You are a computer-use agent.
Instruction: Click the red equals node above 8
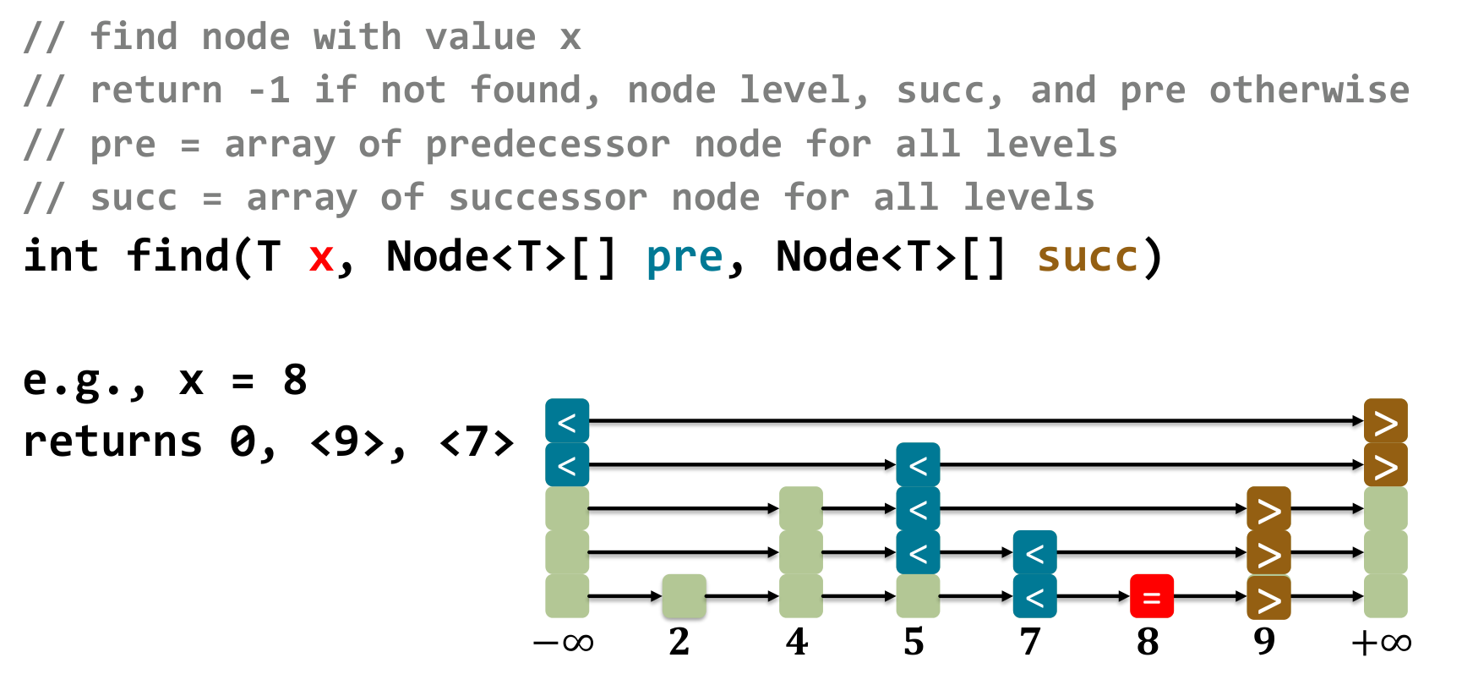(1151, 596)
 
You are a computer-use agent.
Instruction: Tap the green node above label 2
(684, 596)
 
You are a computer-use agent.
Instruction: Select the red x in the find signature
(321, 256)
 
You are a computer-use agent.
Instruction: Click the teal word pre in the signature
(685, 256)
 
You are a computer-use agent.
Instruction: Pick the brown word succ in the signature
(1088, 256)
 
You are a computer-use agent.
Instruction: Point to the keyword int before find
(61, 256)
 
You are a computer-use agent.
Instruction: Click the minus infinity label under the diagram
(564, 643)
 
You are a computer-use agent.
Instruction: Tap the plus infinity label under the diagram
(1382, 643)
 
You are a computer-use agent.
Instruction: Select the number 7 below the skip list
(1030, 643)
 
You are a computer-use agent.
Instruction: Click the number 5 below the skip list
(914, 643)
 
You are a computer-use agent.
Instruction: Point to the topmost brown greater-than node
(1385, 420)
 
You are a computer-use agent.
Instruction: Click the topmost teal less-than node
(567, 420)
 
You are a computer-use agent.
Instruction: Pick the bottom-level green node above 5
(918, 596)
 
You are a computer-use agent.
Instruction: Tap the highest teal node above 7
(1034, 552)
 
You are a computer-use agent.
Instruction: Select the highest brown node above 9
(1268, 508)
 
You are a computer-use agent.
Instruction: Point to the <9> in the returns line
(346, 441)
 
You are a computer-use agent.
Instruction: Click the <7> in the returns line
(477, 441)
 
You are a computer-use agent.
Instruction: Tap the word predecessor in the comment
(548, 145)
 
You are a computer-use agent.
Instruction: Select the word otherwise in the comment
(1309, 90)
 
